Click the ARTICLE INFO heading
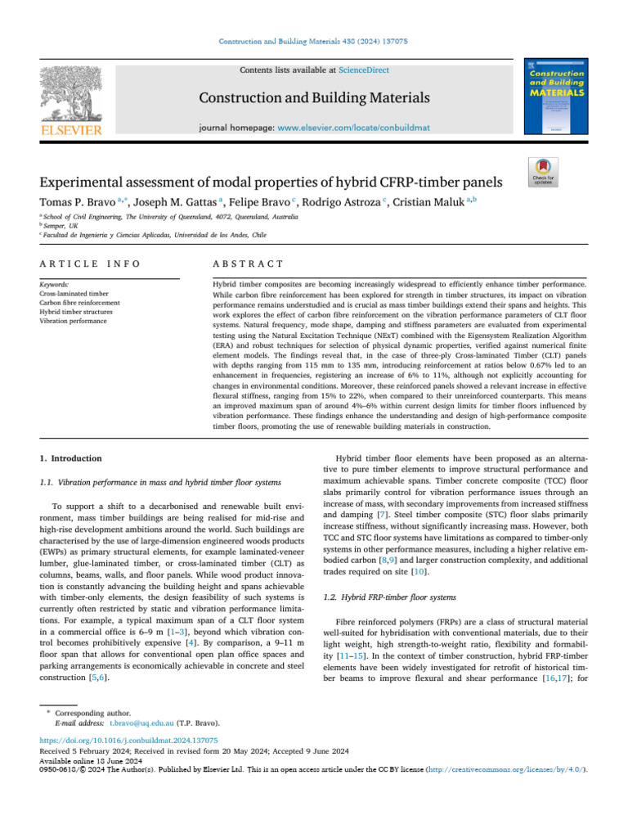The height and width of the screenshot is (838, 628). point(89,264)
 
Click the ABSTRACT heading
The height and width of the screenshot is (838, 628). point(247,264)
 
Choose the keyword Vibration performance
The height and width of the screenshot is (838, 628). point(72,321)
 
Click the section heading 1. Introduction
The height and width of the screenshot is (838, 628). point(71,458)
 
